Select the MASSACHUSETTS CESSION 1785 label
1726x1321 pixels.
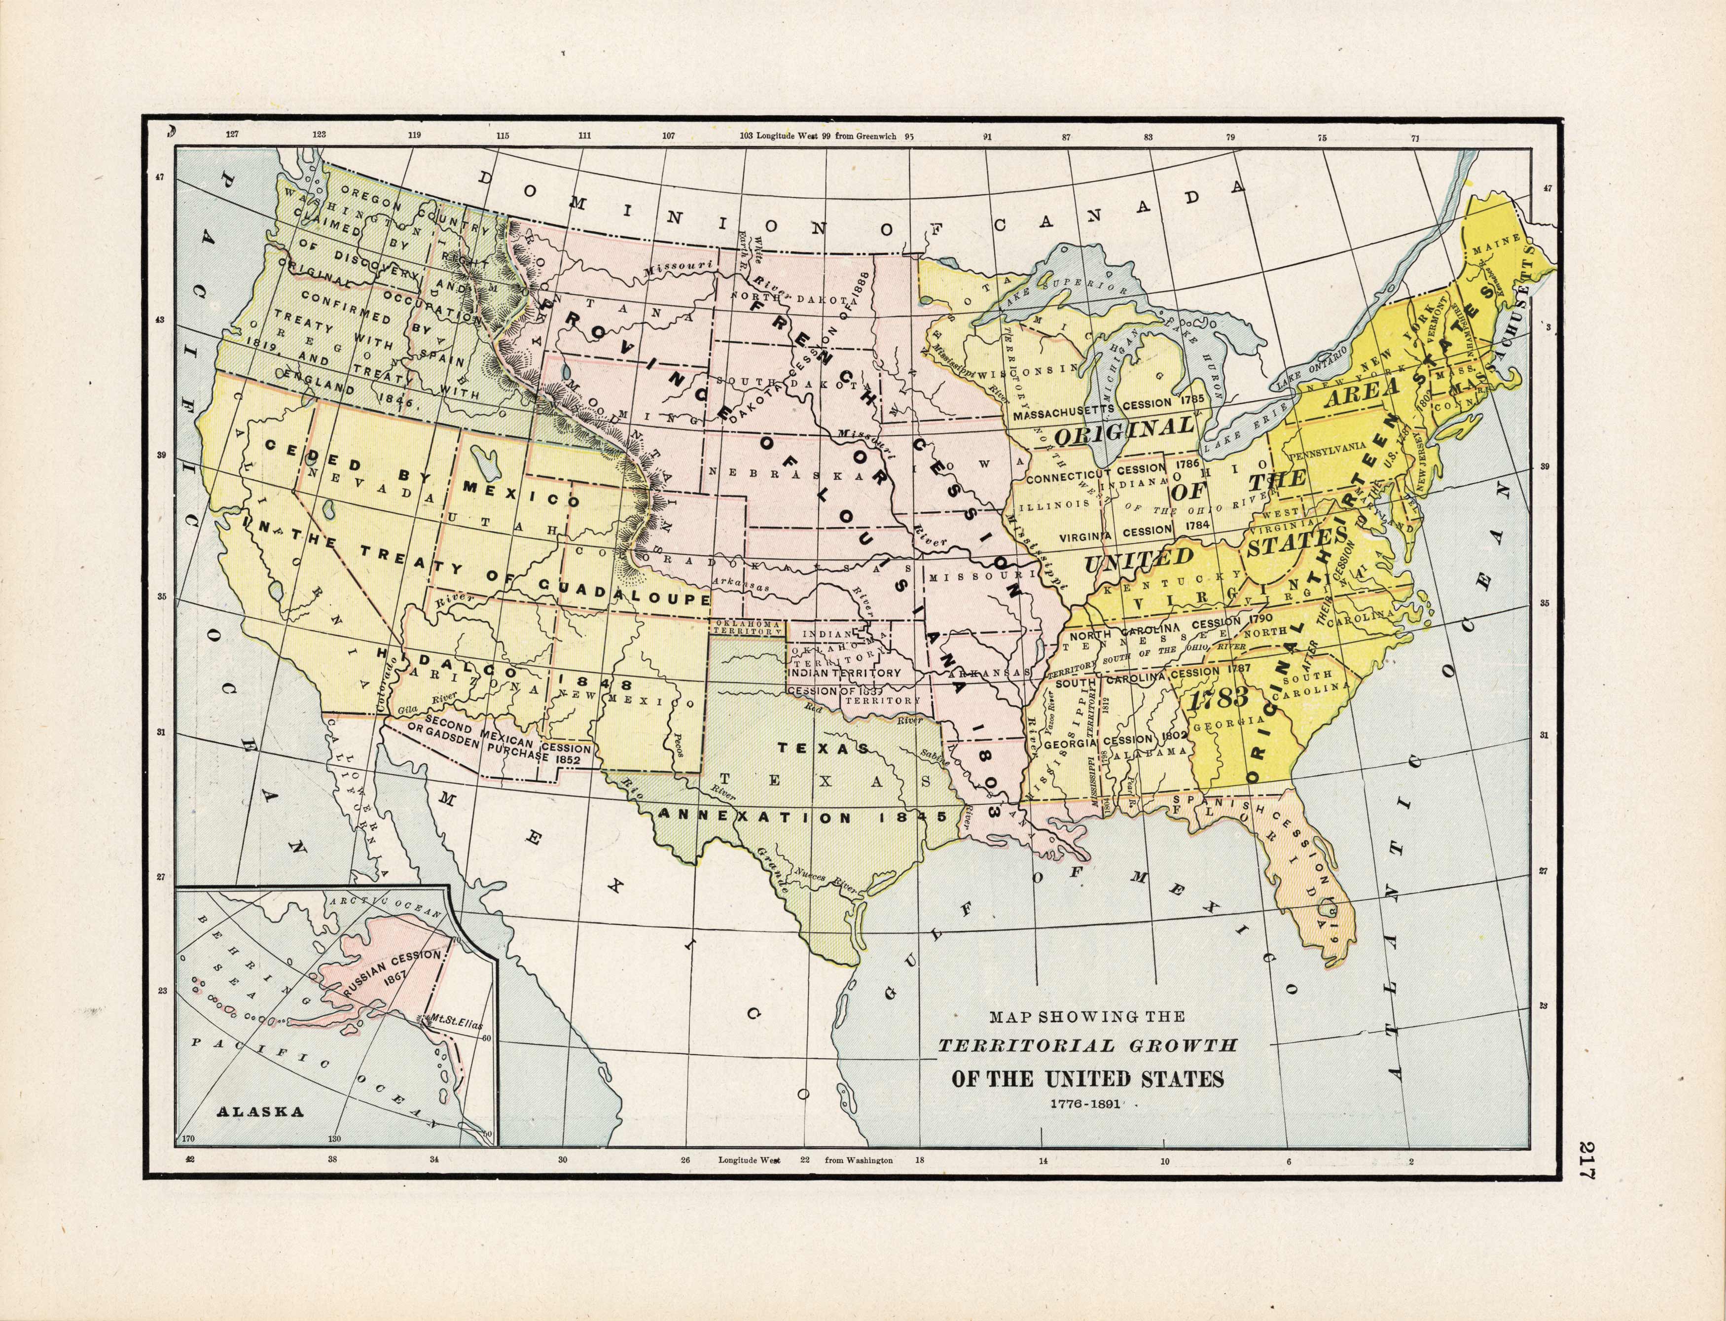(x=1109, y=410)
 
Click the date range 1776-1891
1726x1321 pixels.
(x=1087, y=1103)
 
